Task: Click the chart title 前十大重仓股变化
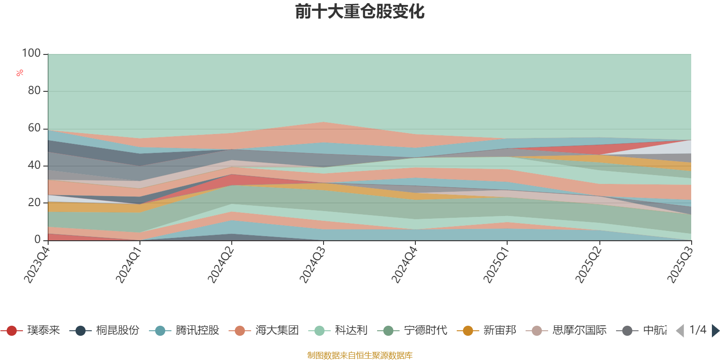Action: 360,12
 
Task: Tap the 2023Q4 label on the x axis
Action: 36,264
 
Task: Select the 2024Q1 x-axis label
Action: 129,264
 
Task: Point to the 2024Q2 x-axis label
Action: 220,264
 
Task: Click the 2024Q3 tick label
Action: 312,264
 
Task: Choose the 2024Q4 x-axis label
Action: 405,264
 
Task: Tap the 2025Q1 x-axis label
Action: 496,264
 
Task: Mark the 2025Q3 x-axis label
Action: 680,264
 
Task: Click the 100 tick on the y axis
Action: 31,54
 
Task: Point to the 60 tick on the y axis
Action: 34,128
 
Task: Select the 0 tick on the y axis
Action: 37,240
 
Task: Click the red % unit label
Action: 20,73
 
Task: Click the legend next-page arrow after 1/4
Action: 715,331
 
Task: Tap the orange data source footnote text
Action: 360,355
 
